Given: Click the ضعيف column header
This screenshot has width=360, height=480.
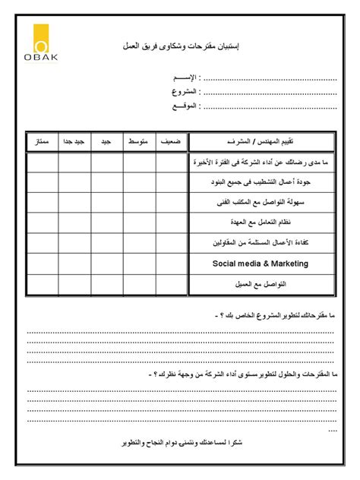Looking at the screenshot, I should point(172,143).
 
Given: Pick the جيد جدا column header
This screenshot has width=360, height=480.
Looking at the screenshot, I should point(74,143).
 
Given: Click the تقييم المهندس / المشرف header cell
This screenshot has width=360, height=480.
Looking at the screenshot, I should point(261,143).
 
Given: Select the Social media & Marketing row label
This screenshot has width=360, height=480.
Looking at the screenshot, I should point(261,264).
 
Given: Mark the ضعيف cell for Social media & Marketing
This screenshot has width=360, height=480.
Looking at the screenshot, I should point(172,264).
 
